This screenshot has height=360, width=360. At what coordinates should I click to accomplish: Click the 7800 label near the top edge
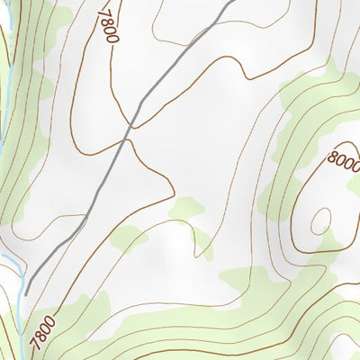point(108,22)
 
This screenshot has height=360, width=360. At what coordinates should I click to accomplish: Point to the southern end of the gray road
point(27,292)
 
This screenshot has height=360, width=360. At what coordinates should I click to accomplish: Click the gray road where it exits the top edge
point(232,2)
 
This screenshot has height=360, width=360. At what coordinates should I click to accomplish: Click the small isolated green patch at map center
point(185,209)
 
